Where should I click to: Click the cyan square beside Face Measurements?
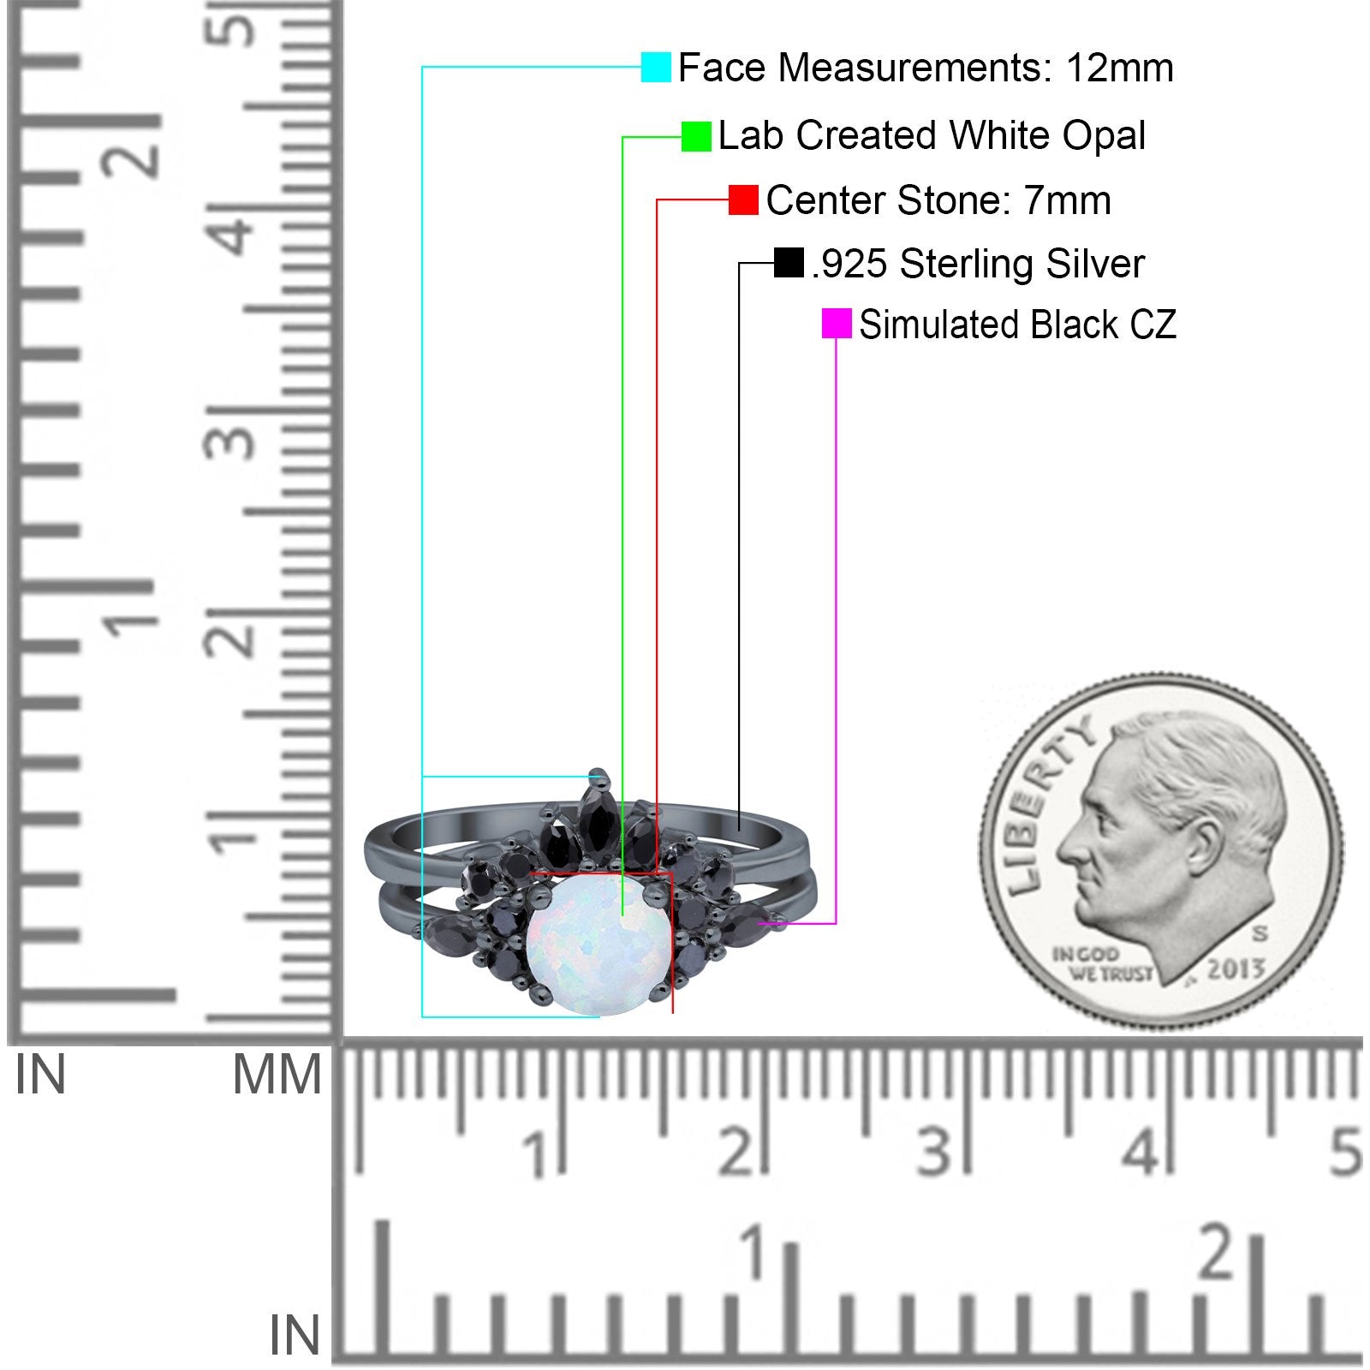pyautogui.click(x=656, y=67)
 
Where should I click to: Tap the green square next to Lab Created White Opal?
pyautogui.click(x=696, y=136)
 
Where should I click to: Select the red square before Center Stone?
pyautogui.click(x=743, y=200)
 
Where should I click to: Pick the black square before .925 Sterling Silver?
pyautogui.click(x=789, y=263)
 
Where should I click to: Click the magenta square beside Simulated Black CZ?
pyautogui.click(x=837, y=324)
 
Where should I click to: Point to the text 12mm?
pyautogui.click(x=1119, y=68)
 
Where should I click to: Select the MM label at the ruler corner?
pyautogui.click(x=277, y=1075)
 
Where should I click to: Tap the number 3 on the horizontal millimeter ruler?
pyautogui.click(x=934, y=1152)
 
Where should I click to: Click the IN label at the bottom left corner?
pyautogui.click(x=295, y=1335)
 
